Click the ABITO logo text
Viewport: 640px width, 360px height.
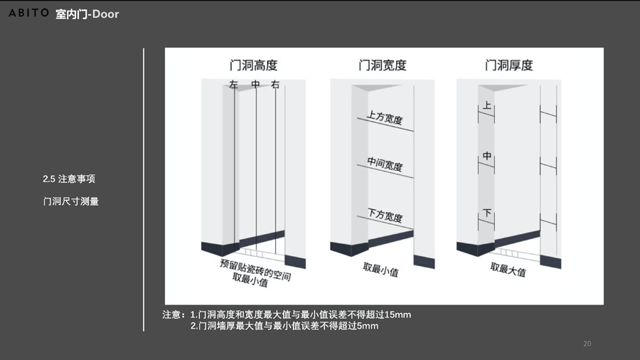[28, 14]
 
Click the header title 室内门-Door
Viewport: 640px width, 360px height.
[87, 14]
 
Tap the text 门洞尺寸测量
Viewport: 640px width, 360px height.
[70, 201]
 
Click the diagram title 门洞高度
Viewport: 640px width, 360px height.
[253, 65]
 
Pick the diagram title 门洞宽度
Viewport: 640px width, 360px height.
[382, 65]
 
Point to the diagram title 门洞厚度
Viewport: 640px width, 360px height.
[508, 65]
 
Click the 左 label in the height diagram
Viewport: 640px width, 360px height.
[233, 85]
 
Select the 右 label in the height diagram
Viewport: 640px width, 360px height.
[274, 85]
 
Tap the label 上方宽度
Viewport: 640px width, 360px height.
[385, 117]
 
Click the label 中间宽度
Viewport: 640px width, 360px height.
[385, 165]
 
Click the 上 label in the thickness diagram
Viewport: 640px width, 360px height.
[486, 106]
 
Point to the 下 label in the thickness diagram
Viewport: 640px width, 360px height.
[486, 213]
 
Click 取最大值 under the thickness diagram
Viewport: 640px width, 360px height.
[508, 270]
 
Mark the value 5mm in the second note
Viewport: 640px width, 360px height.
[368, 326]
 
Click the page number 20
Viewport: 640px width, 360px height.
[587, 344]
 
